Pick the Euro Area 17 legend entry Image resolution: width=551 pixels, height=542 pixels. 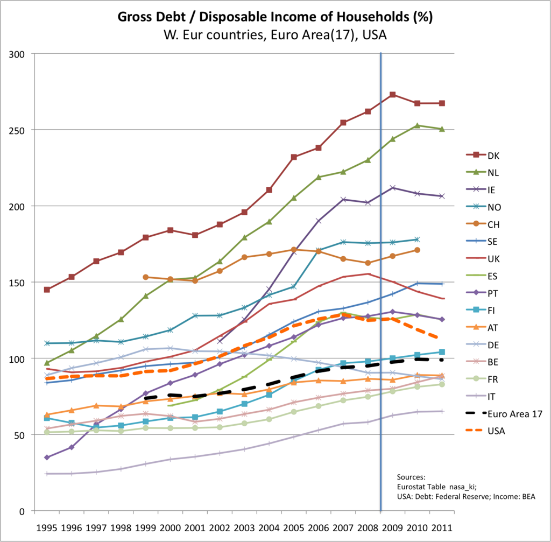click(x=498, y=414)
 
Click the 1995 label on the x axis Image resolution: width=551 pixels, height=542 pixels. click(x=47, y=527)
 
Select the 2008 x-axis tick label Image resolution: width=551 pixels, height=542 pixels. click(x=366, y=527)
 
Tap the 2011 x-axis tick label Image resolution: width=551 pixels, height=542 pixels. click(x=442, y=527)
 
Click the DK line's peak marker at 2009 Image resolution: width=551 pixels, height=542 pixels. click(x=393, y=95)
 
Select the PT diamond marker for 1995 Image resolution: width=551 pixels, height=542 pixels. click(x=47, y=457)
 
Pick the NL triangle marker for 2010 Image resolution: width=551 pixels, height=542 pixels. click(x=418, y=125)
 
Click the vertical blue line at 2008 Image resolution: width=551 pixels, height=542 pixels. click(x=381, y=323)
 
